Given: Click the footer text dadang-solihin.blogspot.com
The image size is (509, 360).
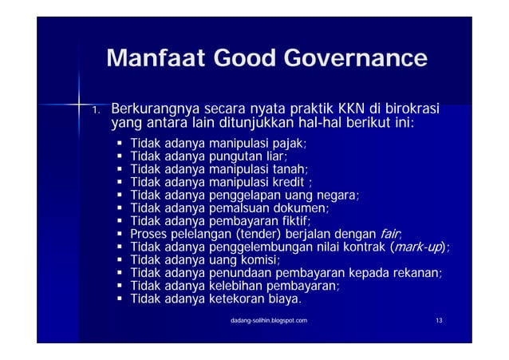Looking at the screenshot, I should pyautogui.click(x=266, y=320).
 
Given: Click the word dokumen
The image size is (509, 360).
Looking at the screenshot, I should pyautogui.click(x=304, y=208).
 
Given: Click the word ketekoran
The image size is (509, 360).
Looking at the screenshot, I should pyautogui.click(x=236, y=299).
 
